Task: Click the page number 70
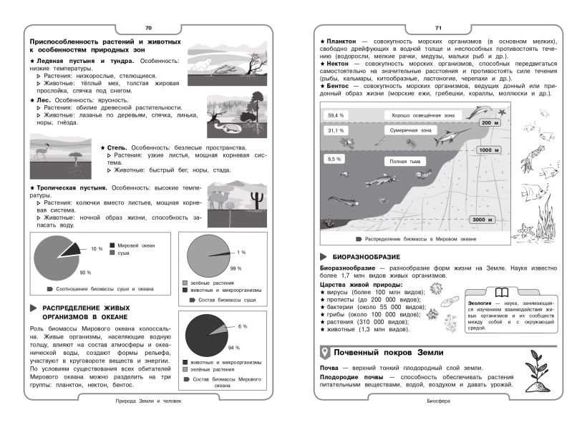(x=148, y=28)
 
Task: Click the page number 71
(x=438, y=28)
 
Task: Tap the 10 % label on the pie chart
(x=96, y=249)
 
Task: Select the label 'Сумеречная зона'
(x=409, y=132)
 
